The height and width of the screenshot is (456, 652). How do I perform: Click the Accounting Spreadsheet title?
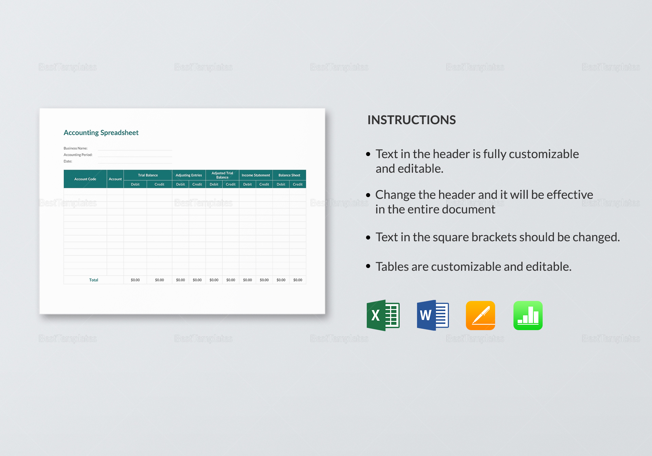coord(101,133)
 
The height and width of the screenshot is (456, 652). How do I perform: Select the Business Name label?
coord(75,148)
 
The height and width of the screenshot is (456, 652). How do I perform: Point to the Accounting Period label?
coord(78,155)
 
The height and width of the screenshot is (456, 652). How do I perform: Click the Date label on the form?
coord(68,161)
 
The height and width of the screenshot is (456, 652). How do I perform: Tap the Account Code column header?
coord(85,179)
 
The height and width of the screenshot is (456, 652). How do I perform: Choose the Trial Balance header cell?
coord(148,175)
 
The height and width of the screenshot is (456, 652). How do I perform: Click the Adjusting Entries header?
coord(188,175)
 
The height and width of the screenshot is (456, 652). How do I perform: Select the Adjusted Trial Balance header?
coord(222,175)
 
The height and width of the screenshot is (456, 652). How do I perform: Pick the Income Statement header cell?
coord(256,175)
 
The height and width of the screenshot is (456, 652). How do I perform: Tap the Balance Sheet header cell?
coord(289,175)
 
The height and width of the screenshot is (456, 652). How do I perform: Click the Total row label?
coord(93,280)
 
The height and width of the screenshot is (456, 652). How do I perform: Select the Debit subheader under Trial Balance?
coord(135,184)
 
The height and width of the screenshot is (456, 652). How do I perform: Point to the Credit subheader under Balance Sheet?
coord(297,184)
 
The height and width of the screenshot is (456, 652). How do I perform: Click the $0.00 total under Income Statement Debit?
coord(247,280)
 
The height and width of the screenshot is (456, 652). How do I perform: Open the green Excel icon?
coord(383,315)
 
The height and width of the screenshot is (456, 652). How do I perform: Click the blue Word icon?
coord(433,315)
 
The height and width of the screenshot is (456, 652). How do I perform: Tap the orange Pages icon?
coord(480,315)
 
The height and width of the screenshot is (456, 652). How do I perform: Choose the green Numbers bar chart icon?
coord(528,315)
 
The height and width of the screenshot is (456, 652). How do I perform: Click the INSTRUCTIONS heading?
coord(412,120)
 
